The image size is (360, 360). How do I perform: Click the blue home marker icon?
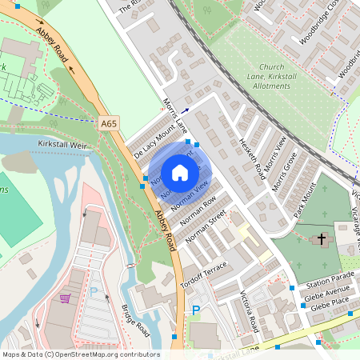click(180, 172)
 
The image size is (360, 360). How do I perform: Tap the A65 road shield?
click(110, 124)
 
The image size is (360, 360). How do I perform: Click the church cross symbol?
click(322, 238)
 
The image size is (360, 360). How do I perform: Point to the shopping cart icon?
click(65, 298)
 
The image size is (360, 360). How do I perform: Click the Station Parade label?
click(328, 279)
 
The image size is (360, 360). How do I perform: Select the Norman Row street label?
click(198, 210)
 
